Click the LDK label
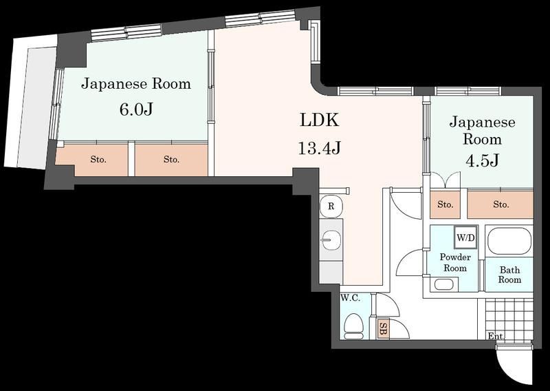tap(318, 120)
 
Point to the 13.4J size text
tap(318, 147)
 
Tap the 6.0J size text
tap(135, 110)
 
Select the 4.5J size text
tap(481, 162)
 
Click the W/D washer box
tap(465, 237)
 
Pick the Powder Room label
tap(455, 262)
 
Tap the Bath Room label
tap(509, 275)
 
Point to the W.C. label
tap(350, 299)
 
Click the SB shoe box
tap(383, 328)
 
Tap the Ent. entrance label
tap(495, 336)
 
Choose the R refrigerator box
tap(331, 206)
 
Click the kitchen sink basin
tap(331, 240)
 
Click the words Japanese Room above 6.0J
tap(135, 85)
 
